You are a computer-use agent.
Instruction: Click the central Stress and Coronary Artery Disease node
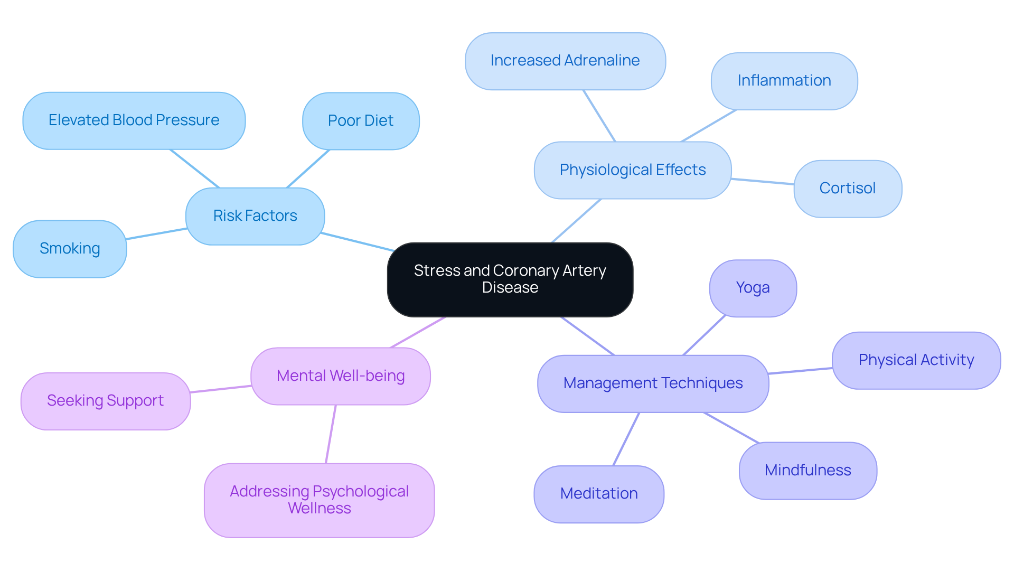pos(510,279)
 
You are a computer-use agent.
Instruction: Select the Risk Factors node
pos(255,216)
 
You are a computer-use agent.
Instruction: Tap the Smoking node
pos(70,249)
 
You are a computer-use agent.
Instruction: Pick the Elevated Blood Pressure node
pos(134,120)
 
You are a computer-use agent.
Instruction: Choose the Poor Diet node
pos(361,121)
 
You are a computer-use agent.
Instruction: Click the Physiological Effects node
pos(632,170)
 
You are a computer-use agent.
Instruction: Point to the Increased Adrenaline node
pos(565,61)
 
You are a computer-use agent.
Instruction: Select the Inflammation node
pos(784,81)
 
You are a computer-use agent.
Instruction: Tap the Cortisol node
pos(848,189)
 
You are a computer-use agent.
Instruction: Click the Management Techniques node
pos(653,383)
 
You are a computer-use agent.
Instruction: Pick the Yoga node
pos(753,288)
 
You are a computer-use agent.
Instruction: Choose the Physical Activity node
pos(916,360)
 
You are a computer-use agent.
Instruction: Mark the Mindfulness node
pos(808,471)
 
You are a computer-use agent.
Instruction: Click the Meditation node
pos(599,494)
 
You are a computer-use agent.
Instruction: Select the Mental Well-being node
pos(341,376)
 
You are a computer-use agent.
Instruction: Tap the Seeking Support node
pos(106,401)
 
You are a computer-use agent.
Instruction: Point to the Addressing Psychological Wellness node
pos(319,500)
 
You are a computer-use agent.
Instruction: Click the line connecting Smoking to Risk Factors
pos(156,234)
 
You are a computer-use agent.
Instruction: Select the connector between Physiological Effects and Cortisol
pos(763,182)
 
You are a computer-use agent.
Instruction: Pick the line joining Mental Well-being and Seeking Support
pos(221,389)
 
